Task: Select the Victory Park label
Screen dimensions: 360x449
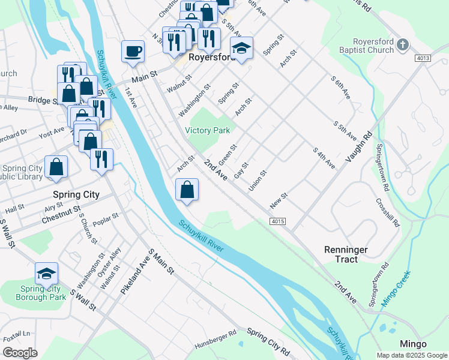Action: [x=207, y=130]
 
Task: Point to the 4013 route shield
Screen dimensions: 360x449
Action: [x=423, y=58]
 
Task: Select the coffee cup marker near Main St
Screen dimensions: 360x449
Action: [x=133, y=52]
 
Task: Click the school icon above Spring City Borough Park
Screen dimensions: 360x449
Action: [x=46, y=274]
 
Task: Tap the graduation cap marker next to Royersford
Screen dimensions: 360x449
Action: [x=242, y=49]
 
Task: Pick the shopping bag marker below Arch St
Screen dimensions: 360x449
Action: [x=187, y=190]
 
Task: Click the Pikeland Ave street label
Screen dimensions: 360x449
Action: [x=133, y=273]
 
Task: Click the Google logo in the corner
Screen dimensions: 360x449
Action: [x=20, y=353]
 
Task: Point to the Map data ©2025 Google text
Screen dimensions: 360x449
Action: [x=411, y=355]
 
